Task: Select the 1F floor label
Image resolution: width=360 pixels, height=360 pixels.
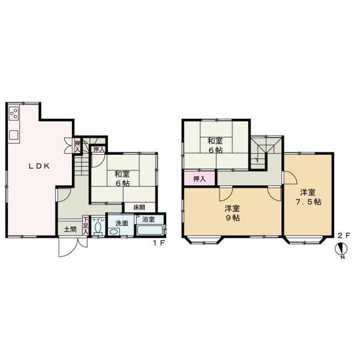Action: point(158,242)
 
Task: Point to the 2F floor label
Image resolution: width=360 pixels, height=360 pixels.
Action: point(343,236)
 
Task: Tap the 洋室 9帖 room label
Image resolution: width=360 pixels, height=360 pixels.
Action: point(232,213)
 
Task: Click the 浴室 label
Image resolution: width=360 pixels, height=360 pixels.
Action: point(149,220)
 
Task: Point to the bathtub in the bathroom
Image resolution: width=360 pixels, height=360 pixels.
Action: point(149,232)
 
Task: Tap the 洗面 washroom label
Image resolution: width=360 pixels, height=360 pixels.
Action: point(122,223)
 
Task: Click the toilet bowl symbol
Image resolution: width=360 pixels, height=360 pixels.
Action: point(98,232)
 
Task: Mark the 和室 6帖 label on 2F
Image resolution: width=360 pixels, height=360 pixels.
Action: point(215,146)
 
